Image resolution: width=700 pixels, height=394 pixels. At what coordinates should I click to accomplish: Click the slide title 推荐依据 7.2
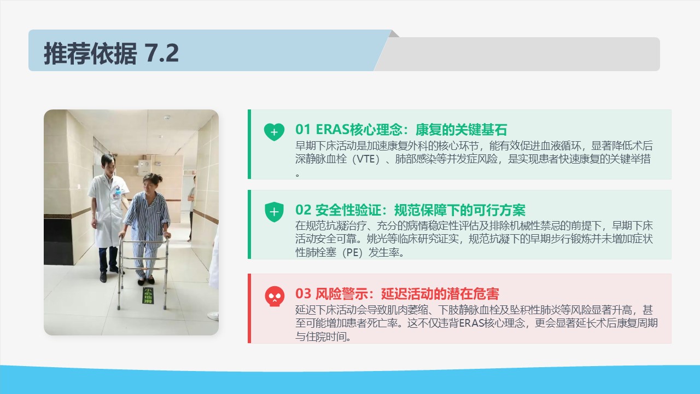(x=111, y=53)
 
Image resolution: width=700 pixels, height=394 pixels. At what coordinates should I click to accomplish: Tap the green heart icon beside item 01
(x=274, y=132)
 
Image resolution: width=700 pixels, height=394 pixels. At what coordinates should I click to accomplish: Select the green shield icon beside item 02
(x=274, y=212)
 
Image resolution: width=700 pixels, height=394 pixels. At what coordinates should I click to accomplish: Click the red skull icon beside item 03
(x=275, y=296)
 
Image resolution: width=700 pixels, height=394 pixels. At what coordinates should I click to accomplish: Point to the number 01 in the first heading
(x=303, y=130)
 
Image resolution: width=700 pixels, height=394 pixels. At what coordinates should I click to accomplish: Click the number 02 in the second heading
(x=303, y=210)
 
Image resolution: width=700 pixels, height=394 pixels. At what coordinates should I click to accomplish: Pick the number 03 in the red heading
(x=303, y=294)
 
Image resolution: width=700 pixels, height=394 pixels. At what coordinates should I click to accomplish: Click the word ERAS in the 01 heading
(x=332, y=130)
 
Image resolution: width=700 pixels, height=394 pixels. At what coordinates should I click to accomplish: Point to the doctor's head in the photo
(x=108, y=163)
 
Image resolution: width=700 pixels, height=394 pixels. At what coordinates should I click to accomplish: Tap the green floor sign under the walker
(x=148, y=296)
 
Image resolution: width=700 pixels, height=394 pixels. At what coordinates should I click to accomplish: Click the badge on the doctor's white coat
(x=117, y=192)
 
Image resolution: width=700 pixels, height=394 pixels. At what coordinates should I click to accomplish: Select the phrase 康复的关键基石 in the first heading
(x=461, y=130)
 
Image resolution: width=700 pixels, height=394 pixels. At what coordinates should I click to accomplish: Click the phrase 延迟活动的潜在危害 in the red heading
(x=440, y=294)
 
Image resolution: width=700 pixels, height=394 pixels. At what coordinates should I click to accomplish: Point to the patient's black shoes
(x=146, y=281)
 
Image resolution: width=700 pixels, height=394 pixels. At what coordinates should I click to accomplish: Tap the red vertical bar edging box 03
(x=249, y=308)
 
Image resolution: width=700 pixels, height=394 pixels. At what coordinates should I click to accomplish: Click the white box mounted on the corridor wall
(x=145, y=167)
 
